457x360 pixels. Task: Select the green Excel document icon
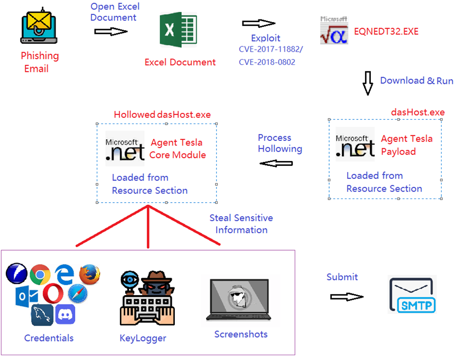tap(178, 31)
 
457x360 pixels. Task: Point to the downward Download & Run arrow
tap(368, 83)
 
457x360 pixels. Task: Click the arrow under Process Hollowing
tap(276, 164)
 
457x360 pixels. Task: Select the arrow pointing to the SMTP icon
tap(347, 297)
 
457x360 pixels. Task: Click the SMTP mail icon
tap(412, 295)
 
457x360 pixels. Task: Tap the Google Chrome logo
tap(40, 274)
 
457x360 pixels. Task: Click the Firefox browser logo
tap(89, 274)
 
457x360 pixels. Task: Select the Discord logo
tap(65, 315)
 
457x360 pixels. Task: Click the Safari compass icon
tap(77, 293)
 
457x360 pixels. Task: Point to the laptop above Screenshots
tap(240, 299)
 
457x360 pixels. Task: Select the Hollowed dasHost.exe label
tap(162, 115)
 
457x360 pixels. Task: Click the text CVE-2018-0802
tap(267, 62)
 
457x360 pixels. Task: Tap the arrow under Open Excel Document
tap(111, 32)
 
